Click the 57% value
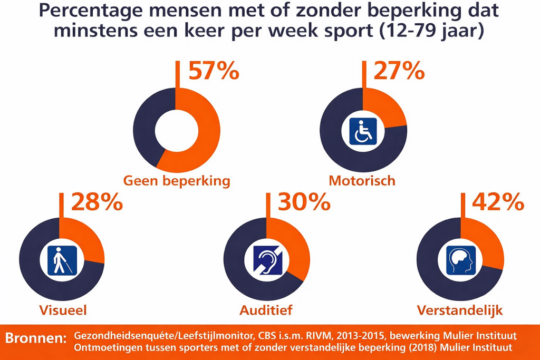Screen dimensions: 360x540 point(213,71)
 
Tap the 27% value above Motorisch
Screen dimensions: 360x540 point(399,71)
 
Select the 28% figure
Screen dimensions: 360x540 point(97,202)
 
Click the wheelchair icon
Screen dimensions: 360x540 point(363,132)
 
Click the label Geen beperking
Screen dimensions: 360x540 point(177,181)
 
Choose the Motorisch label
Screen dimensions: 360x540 point(362,181)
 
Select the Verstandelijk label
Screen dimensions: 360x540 point(460,310)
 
